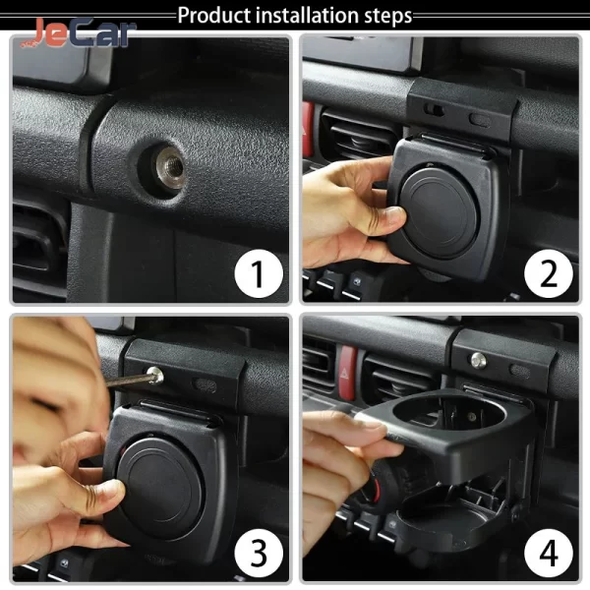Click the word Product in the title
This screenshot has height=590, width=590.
coord(214,16)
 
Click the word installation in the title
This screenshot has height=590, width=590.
coord(307,15)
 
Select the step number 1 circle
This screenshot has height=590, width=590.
coord(259,273)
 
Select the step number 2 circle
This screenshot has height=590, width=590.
coord(549,273)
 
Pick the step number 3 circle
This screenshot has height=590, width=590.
coord(259,553)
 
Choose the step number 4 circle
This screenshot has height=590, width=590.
coord(549,553)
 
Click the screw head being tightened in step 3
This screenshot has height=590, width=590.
coord(155,376)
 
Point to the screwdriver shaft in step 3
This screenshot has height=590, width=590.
coord(127,380)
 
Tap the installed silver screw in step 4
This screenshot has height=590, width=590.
coord(478,361)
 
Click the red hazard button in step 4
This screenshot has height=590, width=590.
coord(348,373)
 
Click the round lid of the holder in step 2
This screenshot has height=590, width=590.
coord(439,213)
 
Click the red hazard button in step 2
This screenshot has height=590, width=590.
coord(308,129)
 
